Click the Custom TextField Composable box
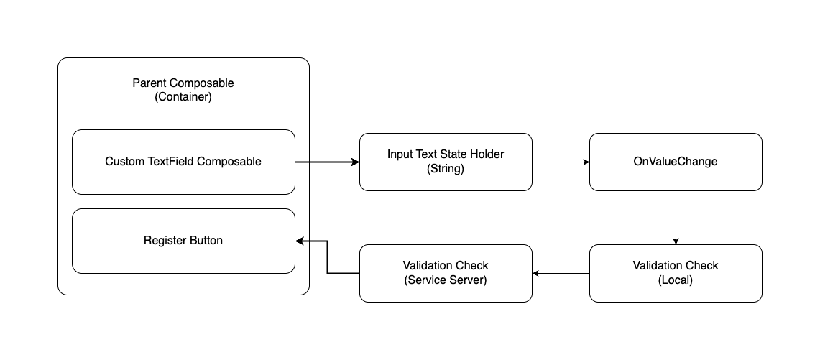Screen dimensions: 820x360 point(183,162)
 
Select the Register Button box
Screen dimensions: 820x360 point(183,241)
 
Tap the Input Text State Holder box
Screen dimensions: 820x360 point(446,162)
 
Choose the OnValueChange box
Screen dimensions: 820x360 point(676,162)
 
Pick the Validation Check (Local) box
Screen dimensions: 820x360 point(676,273)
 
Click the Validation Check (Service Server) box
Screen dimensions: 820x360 point(446,273)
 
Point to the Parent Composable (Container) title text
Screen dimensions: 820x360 point(183,90)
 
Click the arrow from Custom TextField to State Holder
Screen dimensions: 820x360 point(328,162)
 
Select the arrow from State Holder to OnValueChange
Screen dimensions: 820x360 point(561,162)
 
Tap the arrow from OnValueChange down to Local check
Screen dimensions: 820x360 point(676,218)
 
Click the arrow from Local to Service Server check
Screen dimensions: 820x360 point(561,273)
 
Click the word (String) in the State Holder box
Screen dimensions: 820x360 point(446,168)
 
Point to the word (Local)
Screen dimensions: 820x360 point(675,280)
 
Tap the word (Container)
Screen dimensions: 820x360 point(183,97)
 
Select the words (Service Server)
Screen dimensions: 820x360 point(446,280)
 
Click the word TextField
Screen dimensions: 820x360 point(169,161)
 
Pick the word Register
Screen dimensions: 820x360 point(162,241)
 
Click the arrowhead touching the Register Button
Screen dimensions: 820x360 point(300,241)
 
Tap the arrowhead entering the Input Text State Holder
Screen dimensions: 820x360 point(356,162)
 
